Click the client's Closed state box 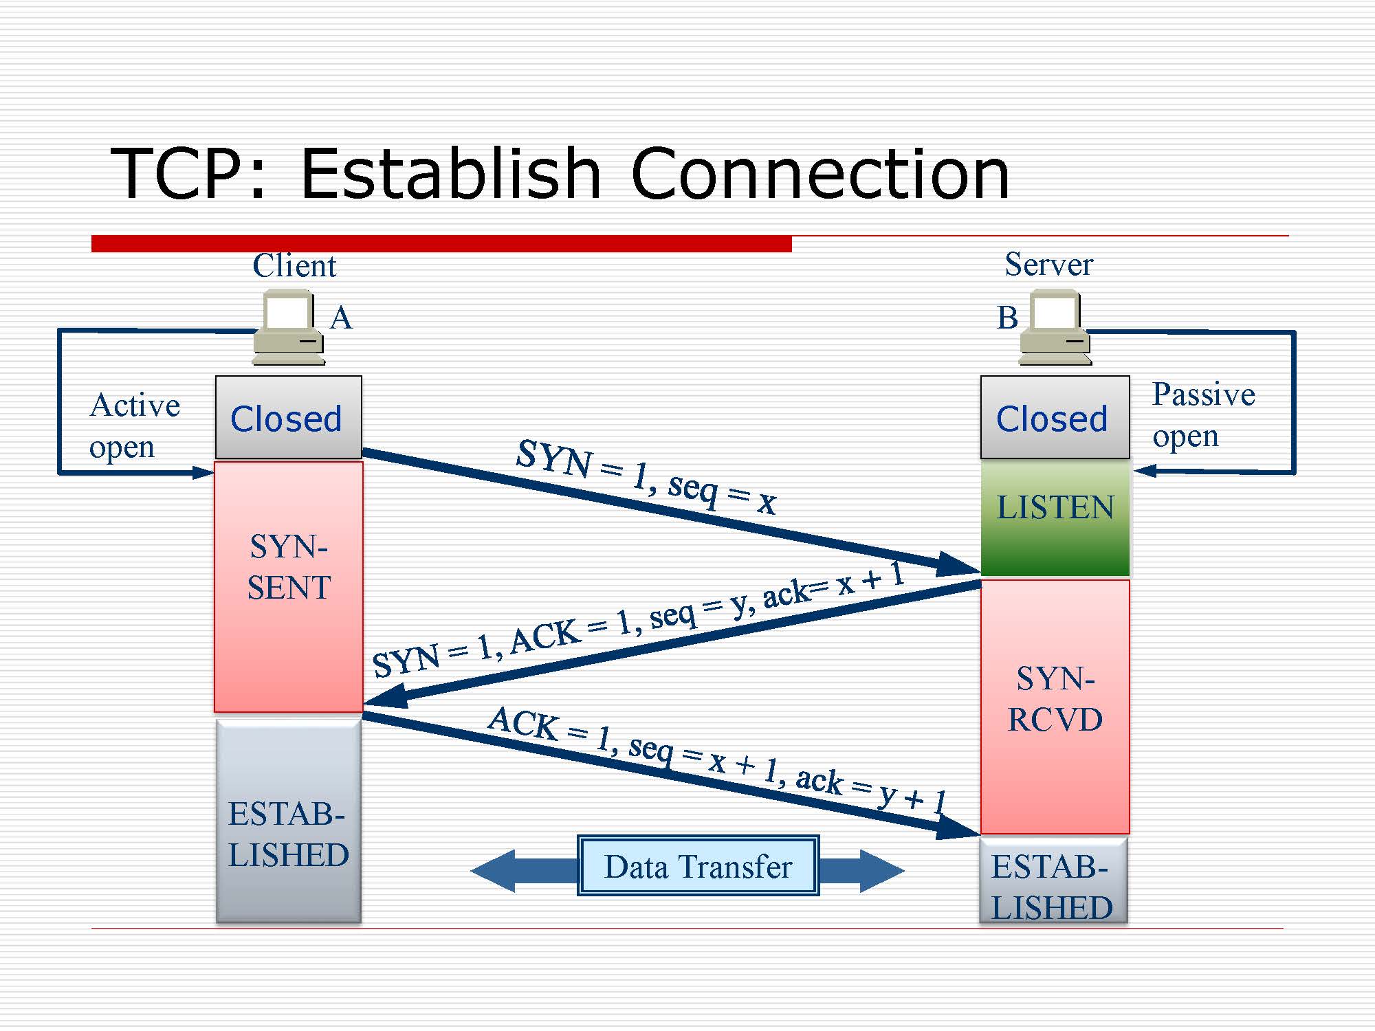pos(288,417)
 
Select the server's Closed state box pos(1055,417)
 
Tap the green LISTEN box pos(1055,517)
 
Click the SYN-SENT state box pos(288,586)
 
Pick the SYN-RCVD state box pos(1055,706)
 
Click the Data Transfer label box pos(698,866)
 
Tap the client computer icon pos(288,327)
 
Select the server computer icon pos(1055,327)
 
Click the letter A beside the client pos(341,318)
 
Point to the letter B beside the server pos(1007,318)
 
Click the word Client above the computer pos(294,265)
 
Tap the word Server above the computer pos(1048,265)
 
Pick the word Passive pos(1203,395)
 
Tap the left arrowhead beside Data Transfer pos(495,870)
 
